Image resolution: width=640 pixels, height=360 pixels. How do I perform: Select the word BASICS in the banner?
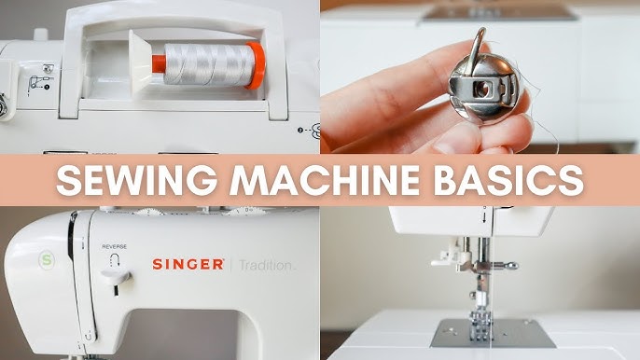pos(512,179)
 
